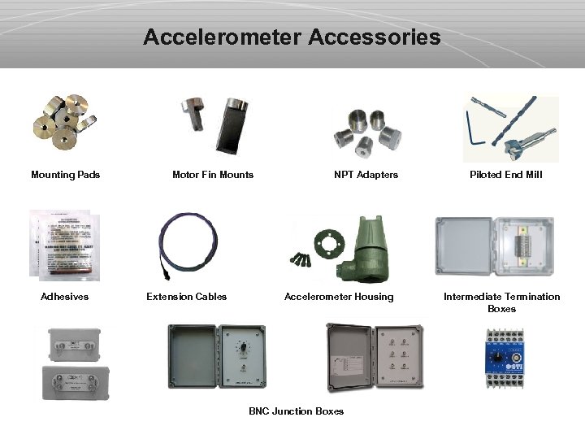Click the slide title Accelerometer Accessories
tap(292, 37)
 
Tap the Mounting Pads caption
tap(65, 175)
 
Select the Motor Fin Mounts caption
tap(213, 175)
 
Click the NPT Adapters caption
tap(366, 175)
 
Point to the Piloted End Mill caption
tap(505, 175)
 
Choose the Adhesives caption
tap(65, 297)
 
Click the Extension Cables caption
tap(186, 297)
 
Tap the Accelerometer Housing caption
tap(339, 297)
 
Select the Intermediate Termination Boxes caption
tap(501, 302)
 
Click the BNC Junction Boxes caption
tap(296, 411)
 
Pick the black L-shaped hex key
tap(475, 130)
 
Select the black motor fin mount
tap(232, 126)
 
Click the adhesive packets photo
tap(65, 245)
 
